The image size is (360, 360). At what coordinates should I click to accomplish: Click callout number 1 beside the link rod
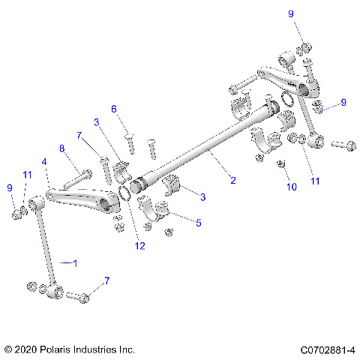73,262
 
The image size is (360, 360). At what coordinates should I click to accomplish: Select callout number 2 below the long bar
232,180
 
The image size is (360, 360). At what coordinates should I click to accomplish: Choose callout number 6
114,109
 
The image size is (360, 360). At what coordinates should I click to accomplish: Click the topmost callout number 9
290,14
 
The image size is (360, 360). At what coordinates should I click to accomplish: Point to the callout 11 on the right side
316,181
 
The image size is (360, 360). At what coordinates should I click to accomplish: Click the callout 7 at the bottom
106,280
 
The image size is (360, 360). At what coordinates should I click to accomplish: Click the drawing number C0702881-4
327,349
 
